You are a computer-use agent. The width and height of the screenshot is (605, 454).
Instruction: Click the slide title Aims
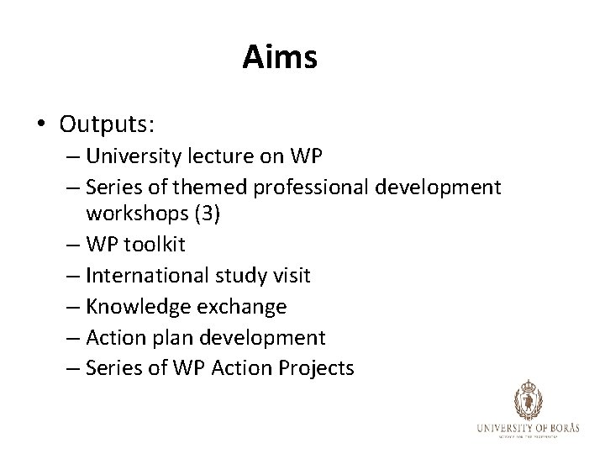(280, 58)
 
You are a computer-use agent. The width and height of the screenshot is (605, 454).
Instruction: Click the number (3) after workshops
(206, 214)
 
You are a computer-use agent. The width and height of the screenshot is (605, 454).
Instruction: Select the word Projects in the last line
(316, 367)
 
